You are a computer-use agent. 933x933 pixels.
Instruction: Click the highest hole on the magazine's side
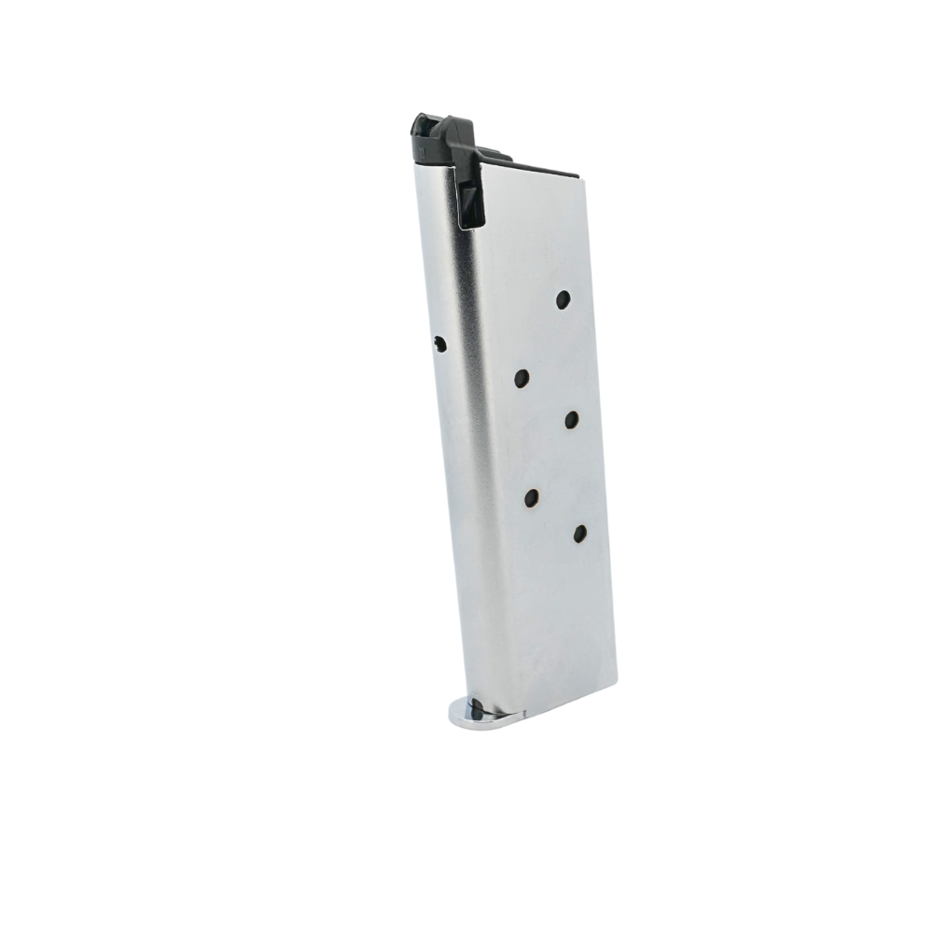coord(563,299)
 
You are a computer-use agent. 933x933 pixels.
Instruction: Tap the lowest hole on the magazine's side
coord(579,533)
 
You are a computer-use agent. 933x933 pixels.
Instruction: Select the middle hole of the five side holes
coord(571,420)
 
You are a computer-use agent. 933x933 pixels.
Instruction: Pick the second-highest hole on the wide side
coord(522,378)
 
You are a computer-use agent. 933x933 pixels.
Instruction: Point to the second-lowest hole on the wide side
coord(533,497)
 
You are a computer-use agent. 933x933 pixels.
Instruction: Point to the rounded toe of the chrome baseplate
coord(454,712)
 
